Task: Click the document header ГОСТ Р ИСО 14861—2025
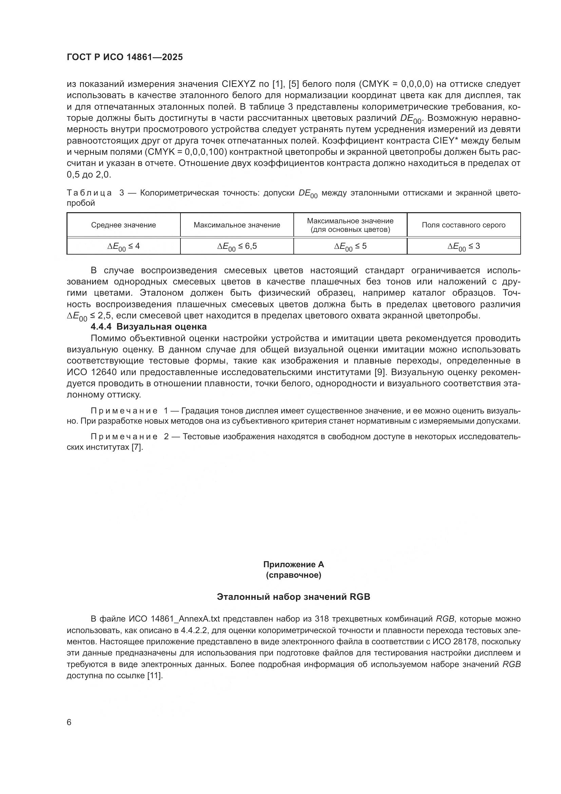pos(125,57)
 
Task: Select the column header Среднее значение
pos(123,225)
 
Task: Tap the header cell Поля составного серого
pos(464,225)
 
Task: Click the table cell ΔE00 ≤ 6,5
pos(237,246)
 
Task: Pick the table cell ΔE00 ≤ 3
pos(464,246)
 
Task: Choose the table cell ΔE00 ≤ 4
pos(123,246)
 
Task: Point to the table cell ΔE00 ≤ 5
pos(350,246)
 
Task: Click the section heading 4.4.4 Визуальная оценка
pos(149,327)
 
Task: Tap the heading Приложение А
pos(293,565)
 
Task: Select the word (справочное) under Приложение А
pos(293,575)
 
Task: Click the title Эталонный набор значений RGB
pos(293,597)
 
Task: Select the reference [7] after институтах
pos(136,447)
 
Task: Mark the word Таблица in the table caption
pos(89,193)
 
